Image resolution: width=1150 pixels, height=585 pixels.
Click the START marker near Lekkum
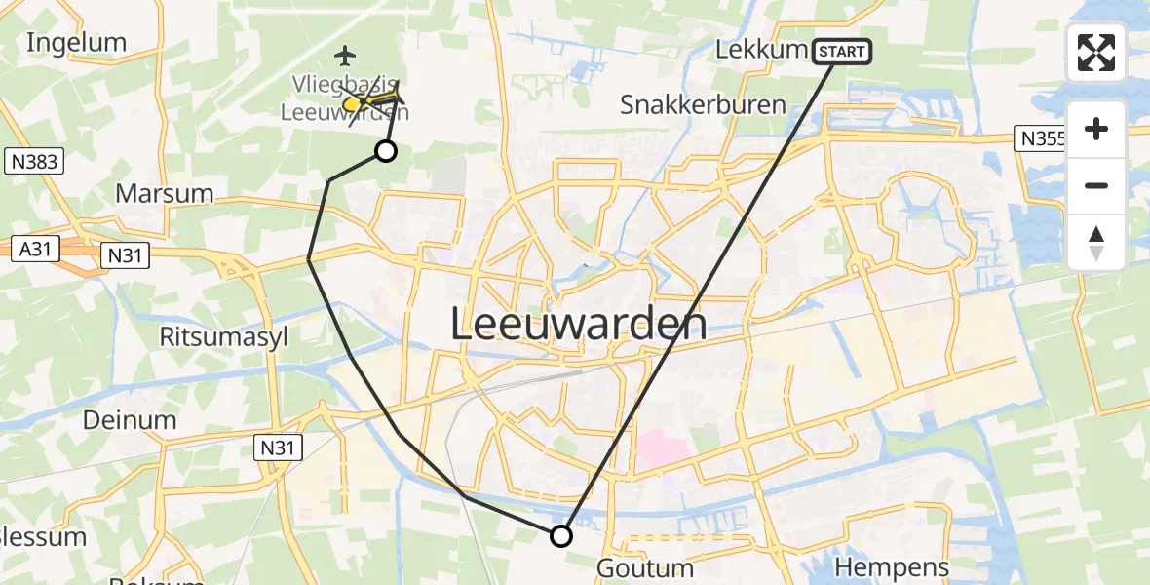(842, 52)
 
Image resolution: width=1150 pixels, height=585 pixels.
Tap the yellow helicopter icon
(371, 97)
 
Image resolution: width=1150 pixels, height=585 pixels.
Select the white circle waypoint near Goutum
(561, 535)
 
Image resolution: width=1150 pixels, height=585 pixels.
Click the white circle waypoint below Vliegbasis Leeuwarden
(386, 150)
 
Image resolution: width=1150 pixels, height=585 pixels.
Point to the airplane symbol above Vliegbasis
(345, 55)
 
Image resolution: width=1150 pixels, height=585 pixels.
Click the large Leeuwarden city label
(579, 324)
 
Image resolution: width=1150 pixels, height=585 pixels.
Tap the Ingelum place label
(77, 42)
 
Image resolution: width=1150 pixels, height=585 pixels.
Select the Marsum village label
(164, 193)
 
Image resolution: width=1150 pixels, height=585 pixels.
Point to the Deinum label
(130, 420)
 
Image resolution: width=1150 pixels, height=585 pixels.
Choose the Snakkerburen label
(703, 104)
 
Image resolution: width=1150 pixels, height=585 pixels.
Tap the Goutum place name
(645, 567)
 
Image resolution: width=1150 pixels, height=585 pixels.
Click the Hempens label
(892, 567)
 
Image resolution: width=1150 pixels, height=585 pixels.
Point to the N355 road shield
(1040, 138)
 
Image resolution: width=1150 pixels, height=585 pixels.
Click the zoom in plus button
(1096, 130)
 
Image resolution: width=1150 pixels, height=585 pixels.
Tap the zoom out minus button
(1096, 185)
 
